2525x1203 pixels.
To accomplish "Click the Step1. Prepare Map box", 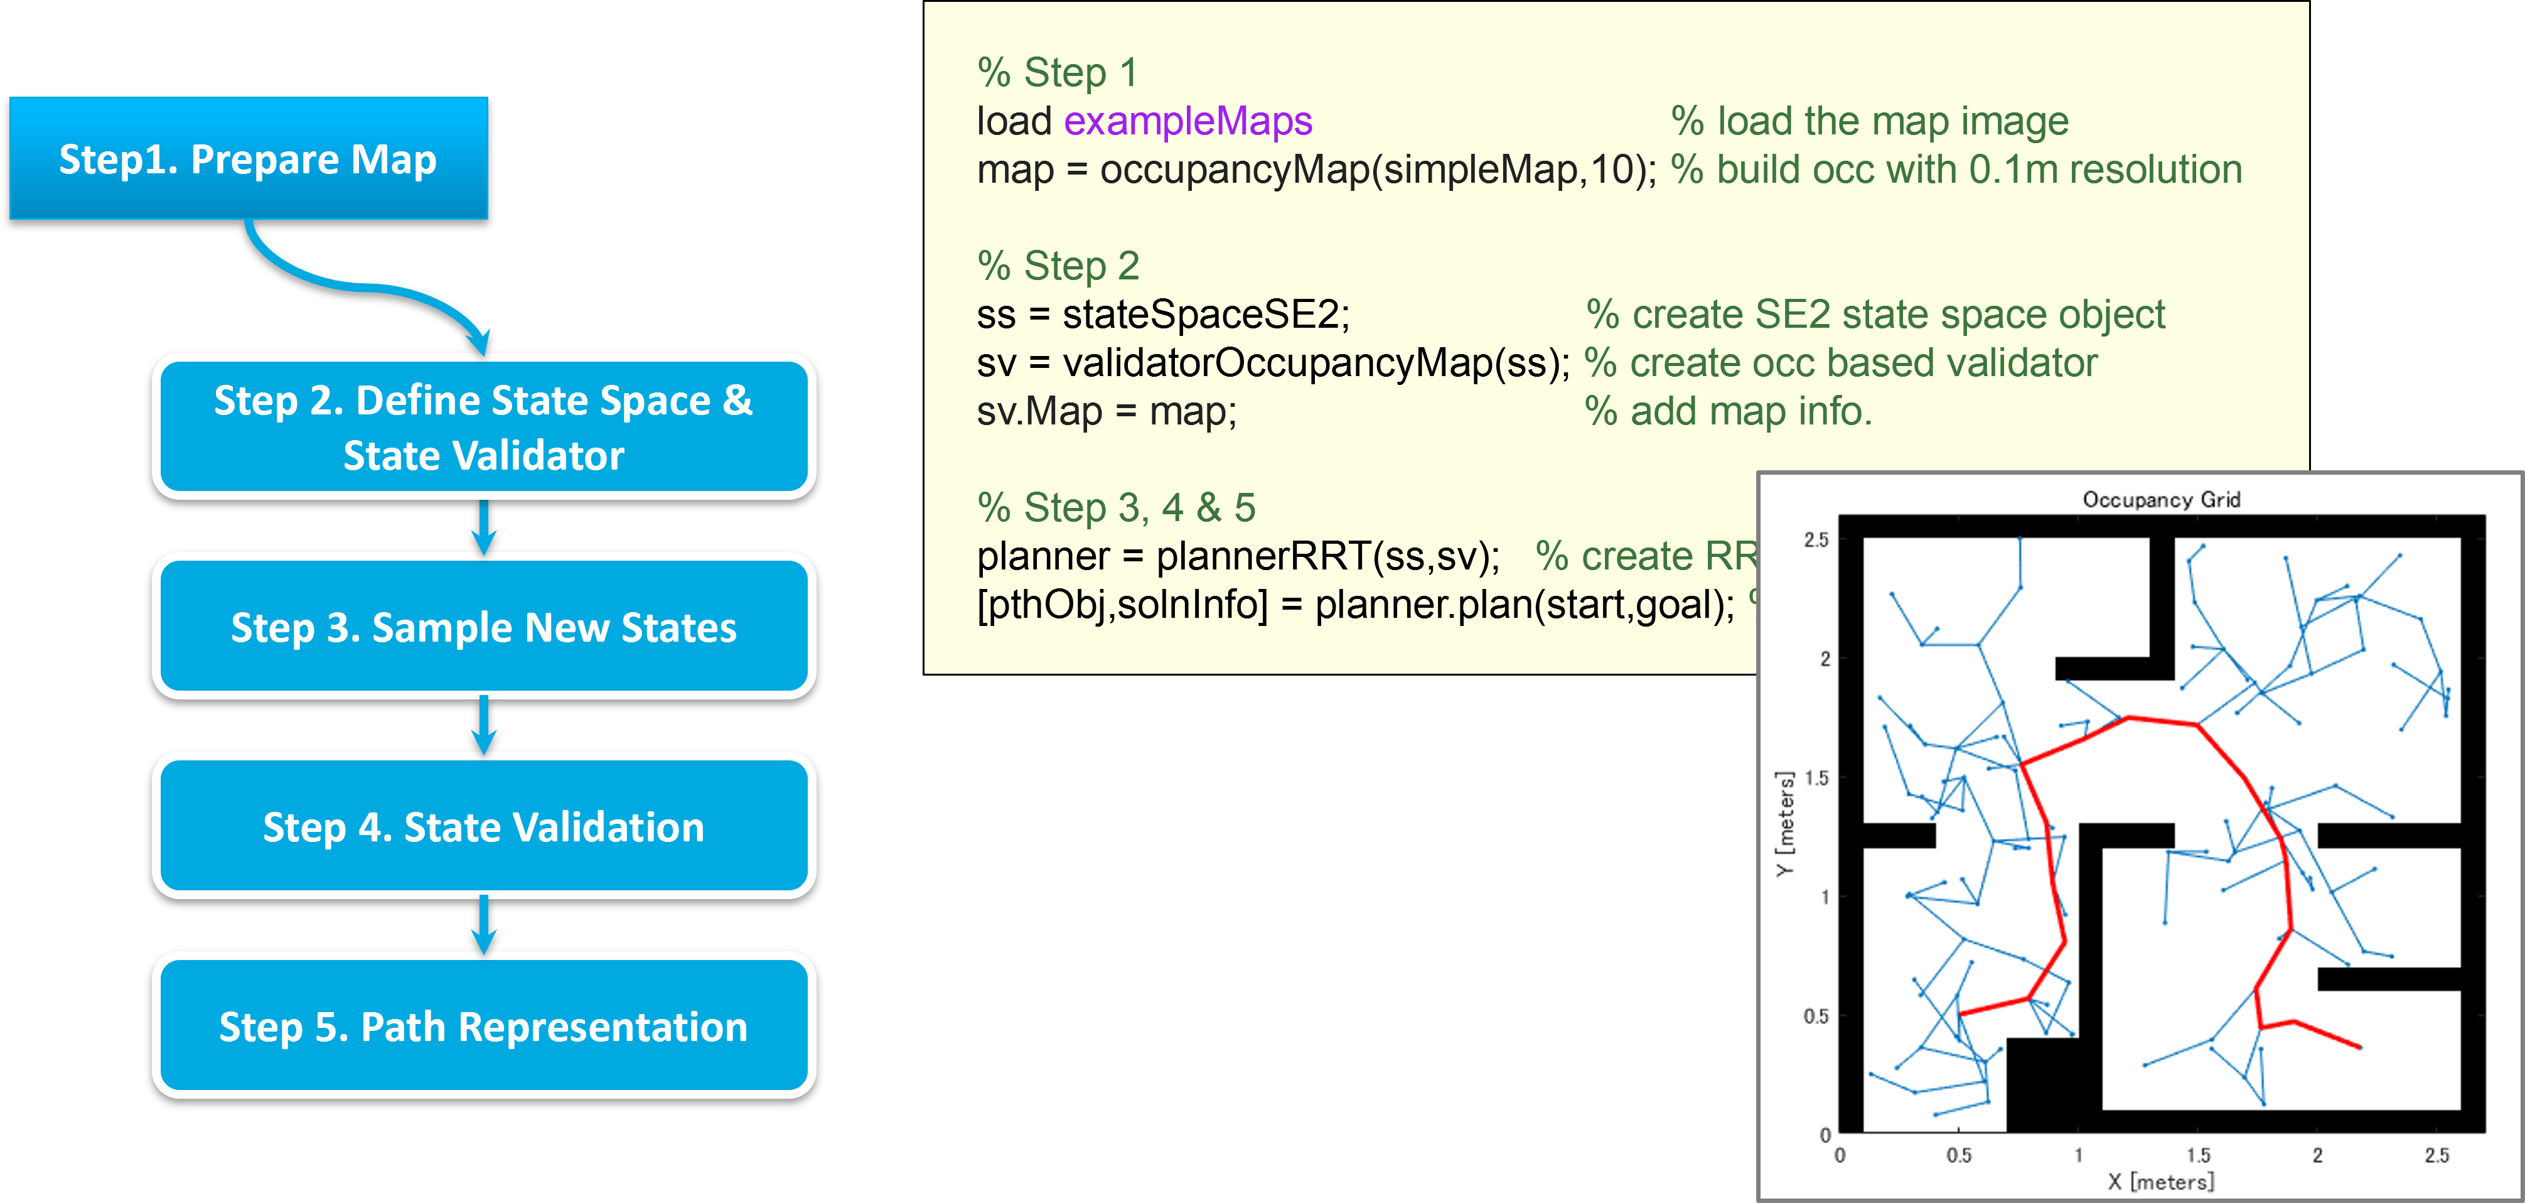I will click(x=248, y=159).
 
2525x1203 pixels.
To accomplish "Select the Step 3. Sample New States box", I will click(x=483, y=627).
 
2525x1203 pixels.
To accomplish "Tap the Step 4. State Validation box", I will click(x=483, y=826).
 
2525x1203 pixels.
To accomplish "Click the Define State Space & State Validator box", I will click(x=483, y=428).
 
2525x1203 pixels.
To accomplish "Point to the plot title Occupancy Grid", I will click(x=2162, y=500).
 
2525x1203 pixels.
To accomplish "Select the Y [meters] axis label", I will click(x=1785, y=824).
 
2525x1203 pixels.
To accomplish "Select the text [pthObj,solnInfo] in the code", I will click(x=1122, y=605).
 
